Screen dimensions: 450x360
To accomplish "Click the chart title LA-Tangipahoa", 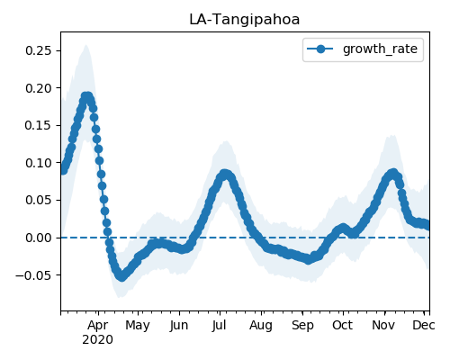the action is [x=245, y=20].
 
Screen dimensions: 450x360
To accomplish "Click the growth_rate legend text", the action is [x=380, y=49].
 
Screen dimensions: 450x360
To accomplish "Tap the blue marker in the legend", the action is [x=320, y=49].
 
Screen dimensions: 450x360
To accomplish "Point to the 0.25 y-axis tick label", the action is [x=39, y=50].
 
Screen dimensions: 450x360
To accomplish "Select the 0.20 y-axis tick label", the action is [x=39, y=88].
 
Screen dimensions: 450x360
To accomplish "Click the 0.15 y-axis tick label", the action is [x=39, y=125].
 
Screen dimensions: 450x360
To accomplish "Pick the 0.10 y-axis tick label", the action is [x=39, y=163].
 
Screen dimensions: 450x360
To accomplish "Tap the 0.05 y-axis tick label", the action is [x=39, y=200].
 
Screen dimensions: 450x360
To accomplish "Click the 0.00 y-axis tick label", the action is [x=39, y=238].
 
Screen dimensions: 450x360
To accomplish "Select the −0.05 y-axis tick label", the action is [x=34, y=275].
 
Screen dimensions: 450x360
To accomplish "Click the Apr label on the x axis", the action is [x=98, y=326].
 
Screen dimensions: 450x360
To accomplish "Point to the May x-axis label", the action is [x=138, y=326].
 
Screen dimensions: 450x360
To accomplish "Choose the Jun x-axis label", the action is [x=179, y=326].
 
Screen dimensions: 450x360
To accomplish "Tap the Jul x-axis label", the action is [x=220, y=326].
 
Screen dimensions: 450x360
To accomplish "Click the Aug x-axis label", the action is [x=261, y=326].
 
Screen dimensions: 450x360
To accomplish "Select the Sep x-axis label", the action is [x=302, y=326].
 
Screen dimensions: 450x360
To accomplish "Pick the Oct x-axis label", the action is [x=342, y=326].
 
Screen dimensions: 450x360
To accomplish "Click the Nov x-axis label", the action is [x=384, y=326].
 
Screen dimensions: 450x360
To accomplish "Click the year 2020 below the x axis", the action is [x=98, y=340].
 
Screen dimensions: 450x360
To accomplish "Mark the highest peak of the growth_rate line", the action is [x=86, y=96].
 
